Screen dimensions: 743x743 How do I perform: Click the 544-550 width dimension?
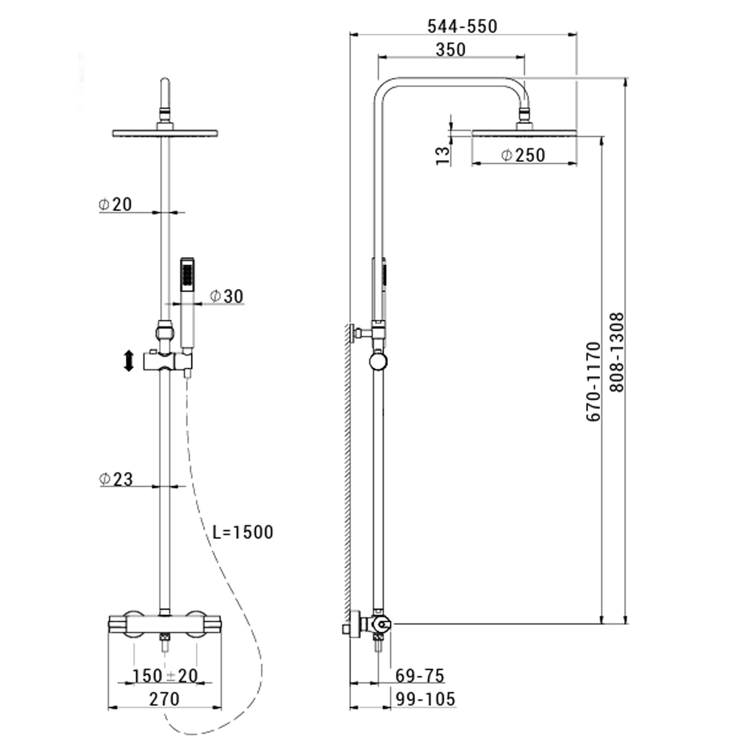coord(462,26)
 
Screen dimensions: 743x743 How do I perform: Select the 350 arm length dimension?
coord(451,50)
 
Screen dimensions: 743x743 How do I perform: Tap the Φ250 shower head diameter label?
coord(523,155)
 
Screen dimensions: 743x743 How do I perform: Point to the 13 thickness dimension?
coord(444,155)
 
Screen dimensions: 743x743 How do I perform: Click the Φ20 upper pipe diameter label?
coord(115,204)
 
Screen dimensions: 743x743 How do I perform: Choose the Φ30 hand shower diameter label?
coord(227,296)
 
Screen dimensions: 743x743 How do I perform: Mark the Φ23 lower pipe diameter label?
coord(116,479)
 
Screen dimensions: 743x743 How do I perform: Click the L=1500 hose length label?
coord(243,532)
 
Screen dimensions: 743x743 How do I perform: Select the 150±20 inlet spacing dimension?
coord(165,676)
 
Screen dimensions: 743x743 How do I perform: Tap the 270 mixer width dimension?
coord(164,699)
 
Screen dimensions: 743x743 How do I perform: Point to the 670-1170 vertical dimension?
coord(593,381)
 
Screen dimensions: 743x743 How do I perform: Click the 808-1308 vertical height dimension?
coord(617,352)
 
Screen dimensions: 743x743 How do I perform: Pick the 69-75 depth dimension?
coord(420,676)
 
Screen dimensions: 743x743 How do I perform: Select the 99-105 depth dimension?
coord(425,699)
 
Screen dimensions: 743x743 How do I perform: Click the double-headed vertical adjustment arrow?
coord(129,361)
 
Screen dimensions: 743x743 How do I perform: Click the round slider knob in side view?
coord(378,362)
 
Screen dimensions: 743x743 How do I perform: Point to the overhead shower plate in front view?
coord(165,134)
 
